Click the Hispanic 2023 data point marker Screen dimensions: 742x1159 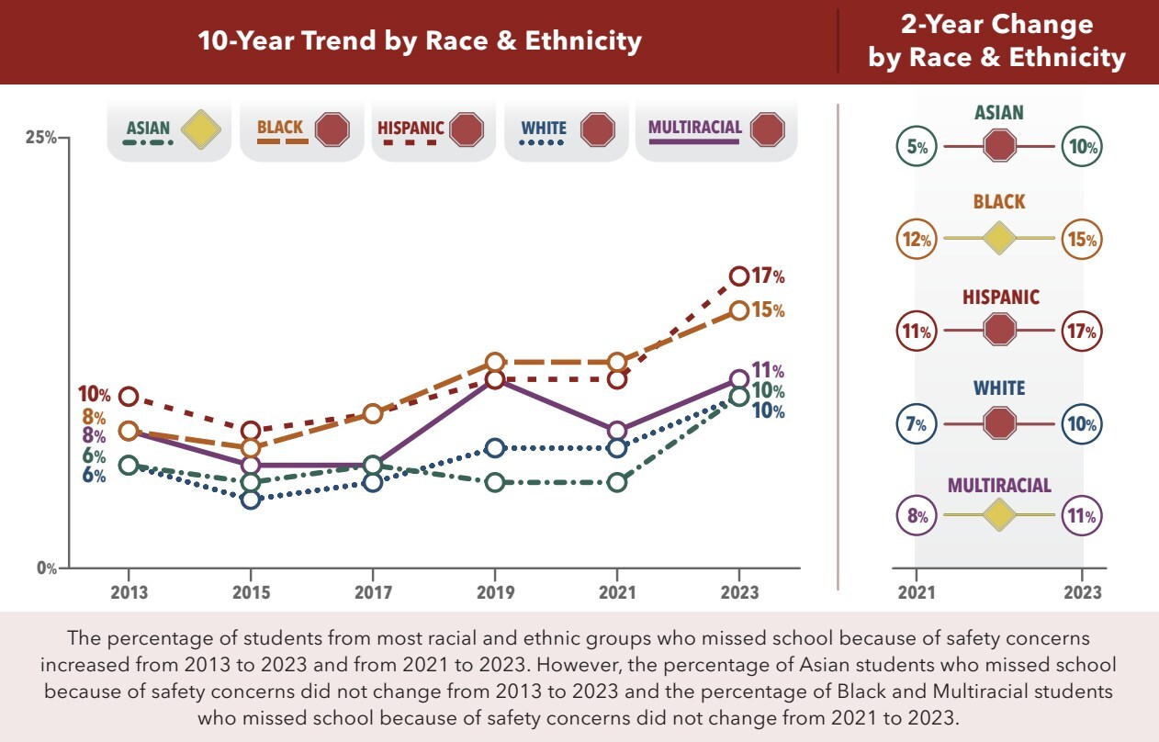[739, 275]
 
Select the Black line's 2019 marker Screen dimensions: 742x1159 [495, 362]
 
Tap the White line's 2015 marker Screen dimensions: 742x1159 [251, 500]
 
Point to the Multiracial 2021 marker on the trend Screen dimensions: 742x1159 [617, 431]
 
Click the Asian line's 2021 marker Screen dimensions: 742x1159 [617, 482]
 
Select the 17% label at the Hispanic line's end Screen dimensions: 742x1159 [768, 276]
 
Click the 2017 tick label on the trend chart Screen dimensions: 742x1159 [373, 592]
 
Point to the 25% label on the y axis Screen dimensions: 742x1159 [40, 138]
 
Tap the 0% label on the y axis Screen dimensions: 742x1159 [45, 568]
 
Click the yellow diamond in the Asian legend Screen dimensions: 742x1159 [201, 129]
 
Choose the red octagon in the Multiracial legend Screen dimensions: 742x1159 [767, 129]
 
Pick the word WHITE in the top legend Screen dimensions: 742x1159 [544, 129]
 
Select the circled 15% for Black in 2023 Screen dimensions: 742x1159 [1082, 240]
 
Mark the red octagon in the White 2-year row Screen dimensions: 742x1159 [999, 423]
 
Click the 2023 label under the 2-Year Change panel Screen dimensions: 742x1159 [1083, 592]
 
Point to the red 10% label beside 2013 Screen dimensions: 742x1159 [94, 396]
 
